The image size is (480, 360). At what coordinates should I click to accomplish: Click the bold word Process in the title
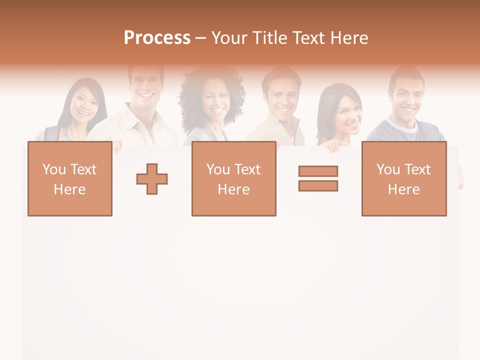pos(157,37)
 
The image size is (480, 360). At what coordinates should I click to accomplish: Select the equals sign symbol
pos(318,178)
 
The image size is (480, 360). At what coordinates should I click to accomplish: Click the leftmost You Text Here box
pos(70,179)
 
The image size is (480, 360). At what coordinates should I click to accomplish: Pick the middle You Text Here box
pos(234,179)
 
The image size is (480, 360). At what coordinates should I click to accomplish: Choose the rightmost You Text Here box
pos(404,179)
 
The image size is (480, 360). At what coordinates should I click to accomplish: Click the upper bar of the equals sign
pos(318,171)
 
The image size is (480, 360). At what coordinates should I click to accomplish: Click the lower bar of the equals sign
pos(318,185)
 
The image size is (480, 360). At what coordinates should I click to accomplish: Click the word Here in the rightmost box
pos(404,189)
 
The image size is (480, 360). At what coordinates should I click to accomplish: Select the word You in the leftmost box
pos(53,169)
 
